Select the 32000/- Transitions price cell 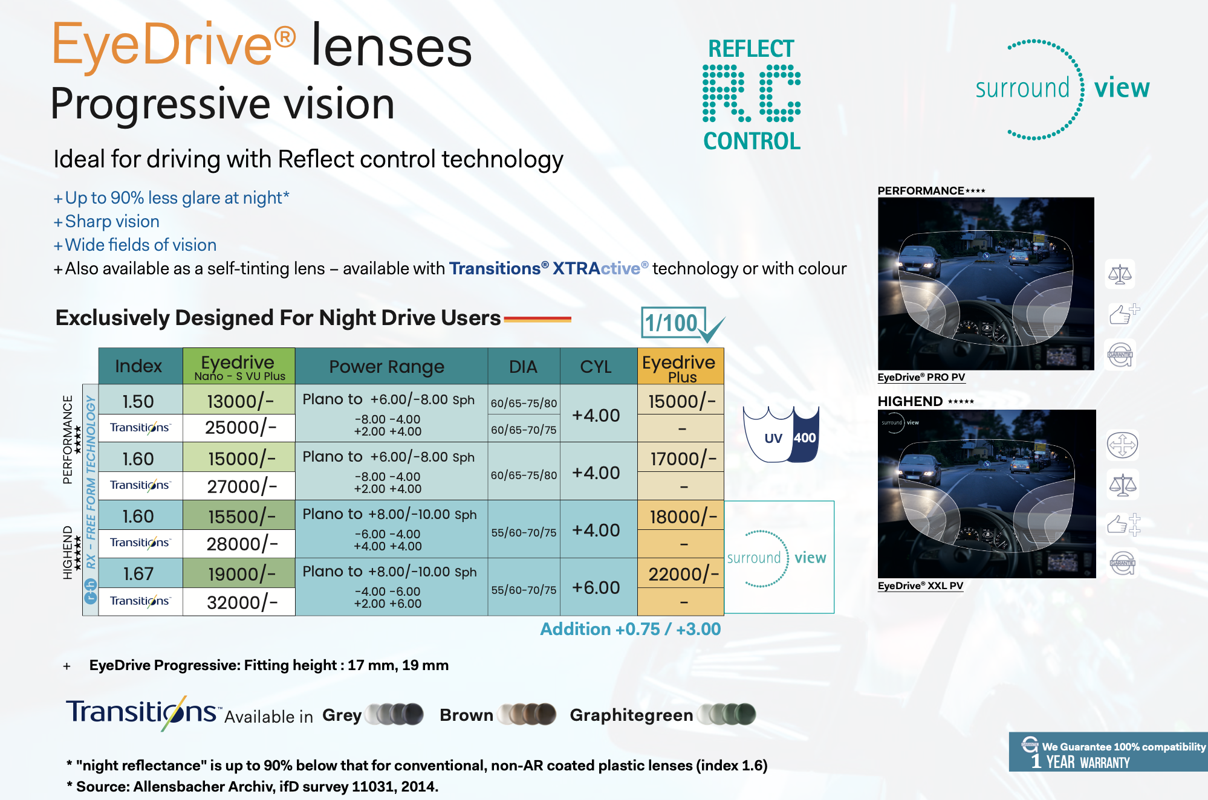pos(239,602)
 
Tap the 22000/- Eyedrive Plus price pos(681,573)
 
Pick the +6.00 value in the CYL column pos(596,587)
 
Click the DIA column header pos(524,366)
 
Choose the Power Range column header pos(387,366)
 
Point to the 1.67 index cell pos(138,573)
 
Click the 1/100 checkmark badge pos(682,324)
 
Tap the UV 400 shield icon pos(781,434)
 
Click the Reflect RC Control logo pos(752,94)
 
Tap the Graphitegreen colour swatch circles pos(726,714)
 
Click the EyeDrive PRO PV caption pos(921,377)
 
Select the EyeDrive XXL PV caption pos(920,585)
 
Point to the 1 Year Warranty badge pos(1108,752)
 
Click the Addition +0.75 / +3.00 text pos(630,629)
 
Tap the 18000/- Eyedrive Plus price pos(681,516)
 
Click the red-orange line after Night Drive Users pos(537,319)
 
